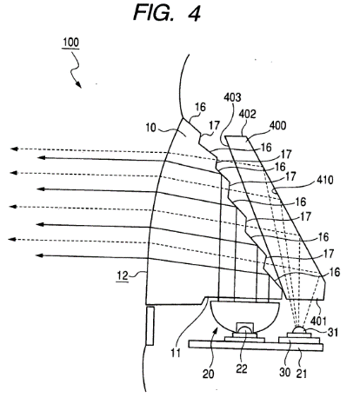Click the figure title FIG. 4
[167, 13]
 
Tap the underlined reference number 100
[70, 43]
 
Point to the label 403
[232, 97]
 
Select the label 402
[247, 114]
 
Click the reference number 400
[278, 125]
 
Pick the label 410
[324, 180]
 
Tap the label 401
[318, 321]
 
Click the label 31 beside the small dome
[333, 332]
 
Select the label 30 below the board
[284, 372]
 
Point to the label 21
[301, 374]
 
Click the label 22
[242, 368]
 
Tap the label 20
[208, 374]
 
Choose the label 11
[176, 353]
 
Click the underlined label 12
[122, 275]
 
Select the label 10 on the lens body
[150, 128]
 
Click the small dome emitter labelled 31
[298, 330]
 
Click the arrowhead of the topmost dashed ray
[14, 149]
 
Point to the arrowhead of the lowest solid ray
[39, 255]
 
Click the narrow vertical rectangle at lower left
[150, 326]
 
